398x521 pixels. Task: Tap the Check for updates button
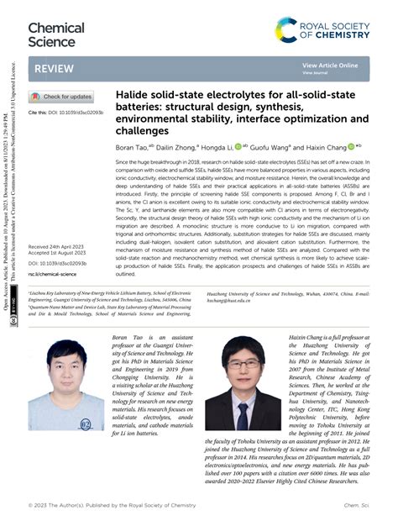coord(62,97)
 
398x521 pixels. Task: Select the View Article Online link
coord(330,65)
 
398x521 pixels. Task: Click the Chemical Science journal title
coord(56,34)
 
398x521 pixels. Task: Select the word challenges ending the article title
coord(144,131)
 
